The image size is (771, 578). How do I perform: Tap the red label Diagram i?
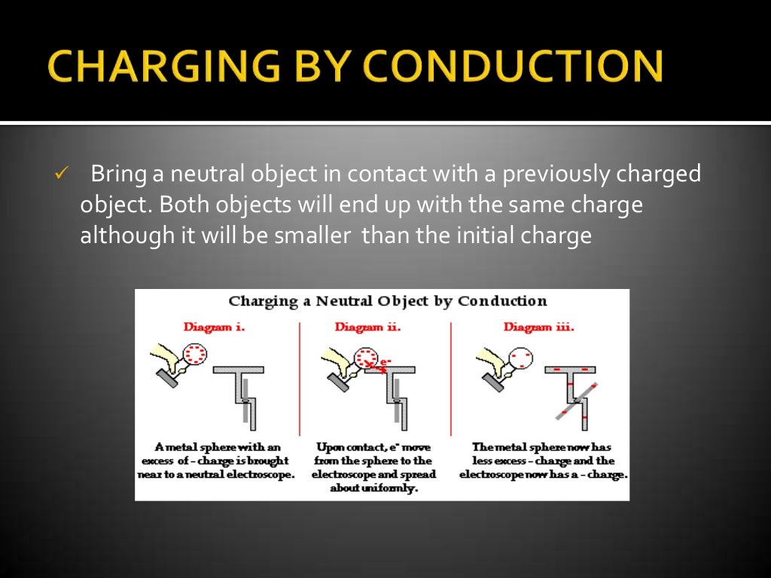click(215, 327)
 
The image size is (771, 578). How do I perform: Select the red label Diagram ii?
click(367, 327)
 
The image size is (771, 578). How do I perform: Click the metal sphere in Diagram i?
click(197, 353)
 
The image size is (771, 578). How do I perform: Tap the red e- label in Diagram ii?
click(385, 362)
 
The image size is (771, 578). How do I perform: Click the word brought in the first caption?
click(267, 461)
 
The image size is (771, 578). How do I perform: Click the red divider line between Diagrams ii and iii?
click(450, 376)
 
